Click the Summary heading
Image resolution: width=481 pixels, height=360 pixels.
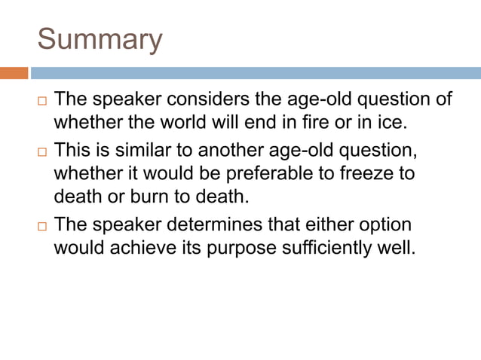coord(100,39)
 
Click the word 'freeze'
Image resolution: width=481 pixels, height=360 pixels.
coord(363,173)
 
